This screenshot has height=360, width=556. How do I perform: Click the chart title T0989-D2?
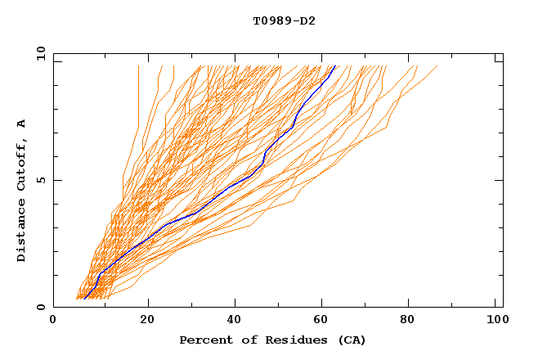pyautogui.click(x=284, y=20)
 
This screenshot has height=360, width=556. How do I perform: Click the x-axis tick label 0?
pyautogui.click(x=53, y=322)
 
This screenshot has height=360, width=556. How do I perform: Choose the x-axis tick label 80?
pyautogui.click(x=408, y=322)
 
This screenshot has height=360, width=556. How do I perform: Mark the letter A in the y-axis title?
pyautogui.click(x=22, y=124)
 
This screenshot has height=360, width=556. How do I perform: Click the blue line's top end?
pyautogui.click(x=335, y=65)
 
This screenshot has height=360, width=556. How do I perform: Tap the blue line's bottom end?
pyautogui.click(x=84, y=299)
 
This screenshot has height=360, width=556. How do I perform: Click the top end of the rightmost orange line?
pyautogui.click(x=437, y=65)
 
